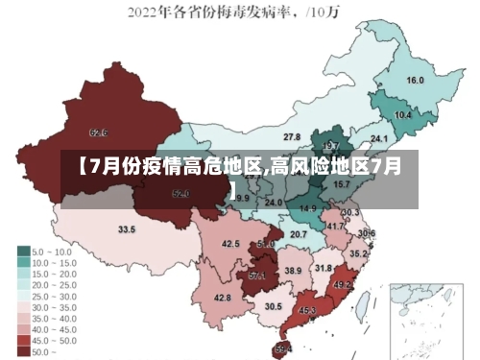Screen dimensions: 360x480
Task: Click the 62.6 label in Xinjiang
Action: click(x=98, y=132)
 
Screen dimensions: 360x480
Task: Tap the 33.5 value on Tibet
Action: click(x=127, y=229)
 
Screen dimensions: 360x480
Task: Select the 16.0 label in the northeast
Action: click(x=416, y=80)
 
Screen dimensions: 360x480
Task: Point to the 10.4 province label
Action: click(x=403, y=115)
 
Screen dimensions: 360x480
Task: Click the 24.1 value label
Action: click(x=379, y=138)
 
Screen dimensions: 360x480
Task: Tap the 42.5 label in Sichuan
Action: click(x=230, y=244)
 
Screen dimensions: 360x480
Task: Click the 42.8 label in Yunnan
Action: click(x=222, y=298)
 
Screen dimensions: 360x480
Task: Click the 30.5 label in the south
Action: click(x=274, y=306)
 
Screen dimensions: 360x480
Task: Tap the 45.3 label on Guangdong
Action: click(x=307, y=310)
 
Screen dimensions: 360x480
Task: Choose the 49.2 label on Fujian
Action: click(x=343, y=285)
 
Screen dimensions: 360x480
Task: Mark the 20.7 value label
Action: click(x=299, y=234)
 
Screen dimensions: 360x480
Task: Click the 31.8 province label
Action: click(x=324, y=268)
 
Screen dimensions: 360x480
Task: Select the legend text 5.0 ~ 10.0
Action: click(x=53, y=251)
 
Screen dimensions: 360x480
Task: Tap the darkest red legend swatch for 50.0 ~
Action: click(x=23, y=351)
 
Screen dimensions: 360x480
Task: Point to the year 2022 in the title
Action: click(x=151, y=13)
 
